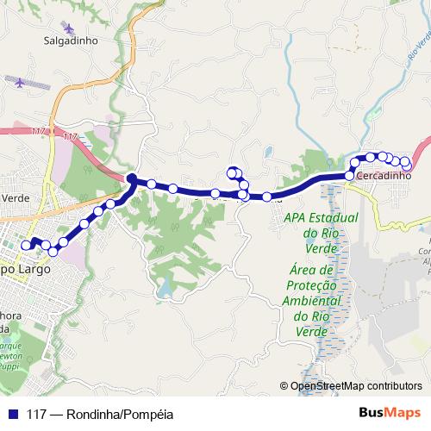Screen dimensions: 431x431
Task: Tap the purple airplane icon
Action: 22,82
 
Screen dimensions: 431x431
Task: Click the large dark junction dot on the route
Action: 132,179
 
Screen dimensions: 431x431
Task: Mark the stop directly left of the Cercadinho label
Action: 349,176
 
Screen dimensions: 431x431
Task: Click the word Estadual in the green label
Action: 321,217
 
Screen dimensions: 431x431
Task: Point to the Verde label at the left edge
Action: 16,197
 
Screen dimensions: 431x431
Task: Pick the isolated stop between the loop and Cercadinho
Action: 267,197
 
